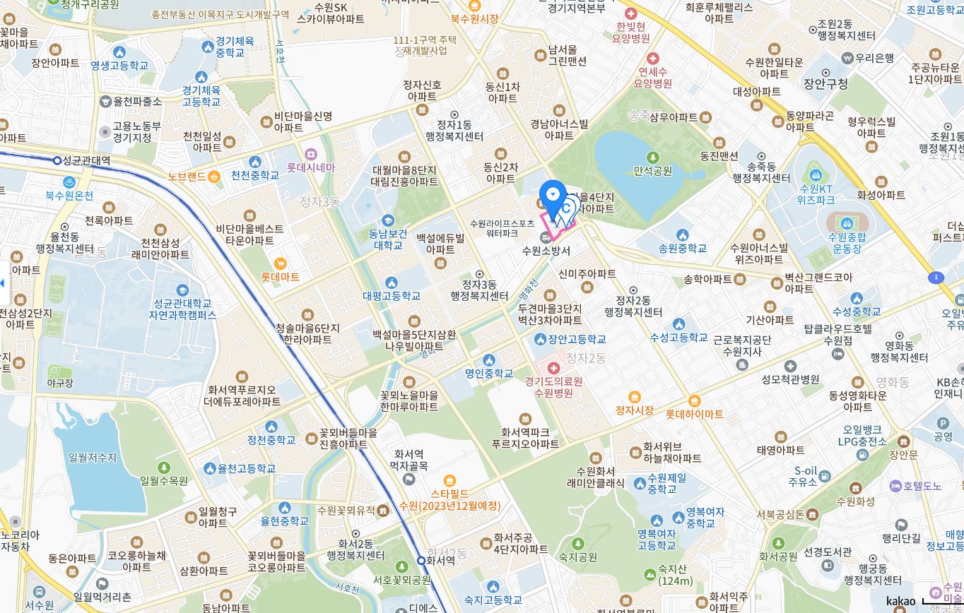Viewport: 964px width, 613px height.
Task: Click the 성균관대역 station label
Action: (x=87, y=160)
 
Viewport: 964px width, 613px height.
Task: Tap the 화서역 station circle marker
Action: (x=421, y=560)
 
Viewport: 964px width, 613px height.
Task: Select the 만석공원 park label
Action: (x=652, y=171)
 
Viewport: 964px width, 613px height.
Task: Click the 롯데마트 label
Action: (x=281, y=277)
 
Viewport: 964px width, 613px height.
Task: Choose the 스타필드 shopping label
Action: (x=449, y=493)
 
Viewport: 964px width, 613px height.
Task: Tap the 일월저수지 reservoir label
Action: (x=93, y=458)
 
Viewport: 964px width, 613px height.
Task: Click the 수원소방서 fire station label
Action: (x=546, y=250)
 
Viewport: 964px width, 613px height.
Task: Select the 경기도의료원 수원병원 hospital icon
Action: (x=553, y=368)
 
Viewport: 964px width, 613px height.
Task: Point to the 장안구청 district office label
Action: (x=825, y=84)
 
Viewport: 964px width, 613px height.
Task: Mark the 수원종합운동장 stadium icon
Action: (x=846, y=222)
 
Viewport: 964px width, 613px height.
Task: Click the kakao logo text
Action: (x=900, y=602)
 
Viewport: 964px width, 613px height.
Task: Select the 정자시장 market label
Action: (x=634, y=410)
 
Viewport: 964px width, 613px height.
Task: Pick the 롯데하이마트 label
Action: (x=694, y=414)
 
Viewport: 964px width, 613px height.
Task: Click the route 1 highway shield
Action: (x=936, y=278)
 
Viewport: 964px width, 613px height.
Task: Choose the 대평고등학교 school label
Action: (x=392, y=296)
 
